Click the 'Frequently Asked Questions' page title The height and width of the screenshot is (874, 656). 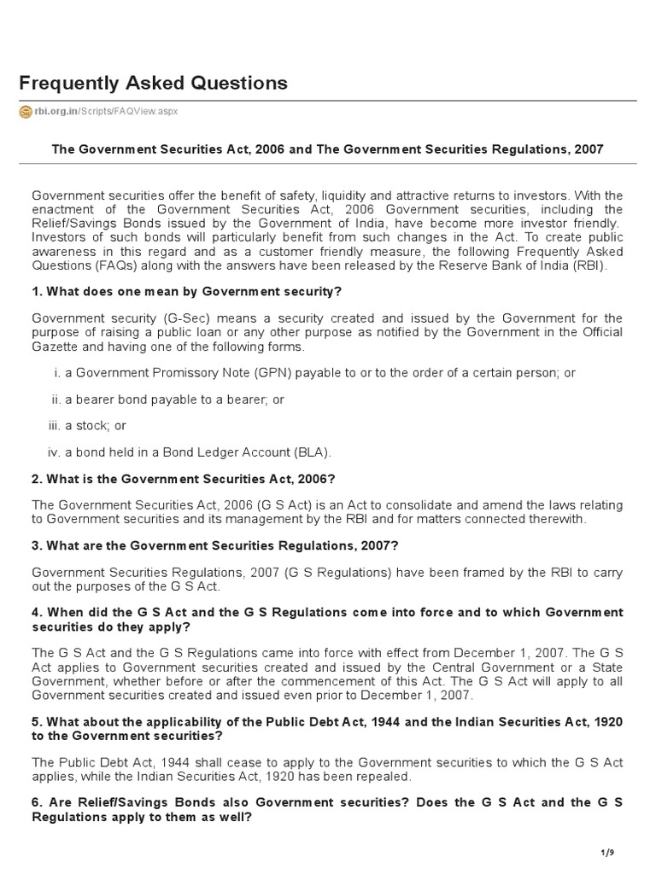point(153,83)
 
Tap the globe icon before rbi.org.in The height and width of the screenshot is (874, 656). point(25,112)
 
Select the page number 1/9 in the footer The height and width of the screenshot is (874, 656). point(609,853)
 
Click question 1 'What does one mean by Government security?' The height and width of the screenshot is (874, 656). point(186,292)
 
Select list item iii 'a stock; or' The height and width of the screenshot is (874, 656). point(93,426)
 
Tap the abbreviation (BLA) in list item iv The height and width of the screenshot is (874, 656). point(311,452)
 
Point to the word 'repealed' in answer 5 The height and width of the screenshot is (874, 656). point(386,777)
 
